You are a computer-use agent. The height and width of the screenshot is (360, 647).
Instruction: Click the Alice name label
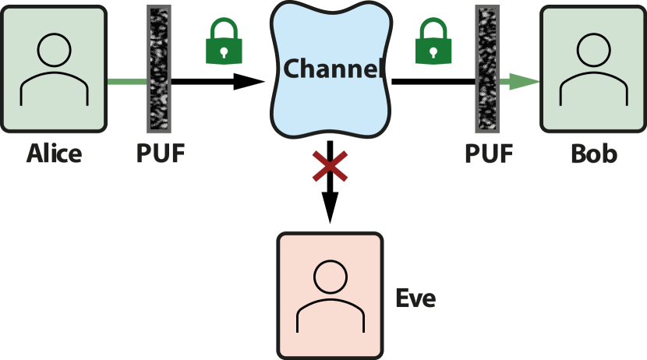click(54, 154)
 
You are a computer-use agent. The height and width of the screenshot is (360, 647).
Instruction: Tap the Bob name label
click(593, 154)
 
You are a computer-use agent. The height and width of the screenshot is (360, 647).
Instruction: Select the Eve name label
click(415, 298)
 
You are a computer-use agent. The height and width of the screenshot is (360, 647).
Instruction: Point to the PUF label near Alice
click(161, 154)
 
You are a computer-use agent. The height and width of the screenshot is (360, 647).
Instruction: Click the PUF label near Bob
click(489, 154)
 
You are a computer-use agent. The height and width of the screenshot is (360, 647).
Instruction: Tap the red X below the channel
click(330, 167)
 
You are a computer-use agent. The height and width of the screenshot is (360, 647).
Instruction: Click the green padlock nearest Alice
click(224, 44)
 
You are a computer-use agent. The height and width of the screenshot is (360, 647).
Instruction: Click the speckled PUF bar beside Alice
click(160, 69)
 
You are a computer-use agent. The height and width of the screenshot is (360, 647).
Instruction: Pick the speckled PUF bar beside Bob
click(487, 69)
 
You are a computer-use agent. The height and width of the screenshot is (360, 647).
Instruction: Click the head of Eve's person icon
click(330, 277)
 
